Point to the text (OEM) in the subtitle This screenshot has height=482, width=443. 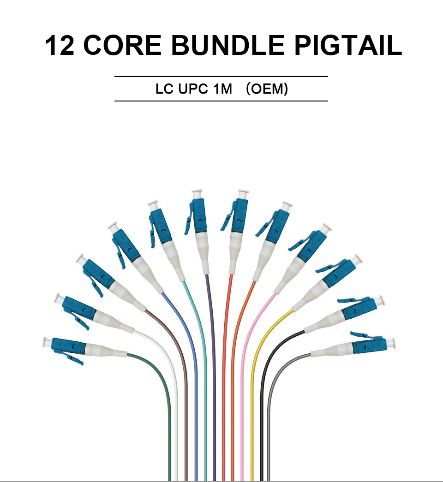tap(267, 89)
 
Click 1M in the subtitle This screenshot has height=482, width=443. tap(222, 89)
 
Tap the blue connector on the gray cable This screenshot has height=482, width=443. tap(369, 345)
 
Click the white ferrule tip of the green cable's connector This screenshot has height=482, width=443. tap(45, 342)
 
